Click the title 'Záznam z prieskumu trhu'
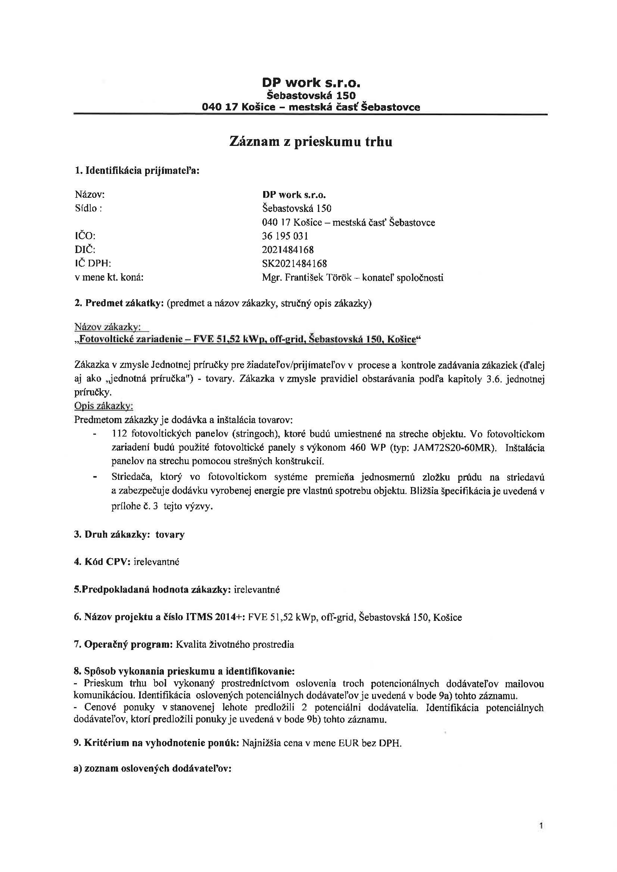(311, 142)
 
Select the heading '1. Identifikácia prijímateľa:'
(137, 171)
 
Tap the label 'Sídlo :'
(88, 208)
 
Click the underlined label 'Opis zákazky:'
(103, 406)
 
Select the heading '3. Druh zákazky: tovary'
(129, 534)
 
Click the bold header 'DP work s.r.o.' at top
(311, 82)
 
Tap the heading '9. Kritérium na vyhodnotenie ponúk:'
(156, 743)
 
